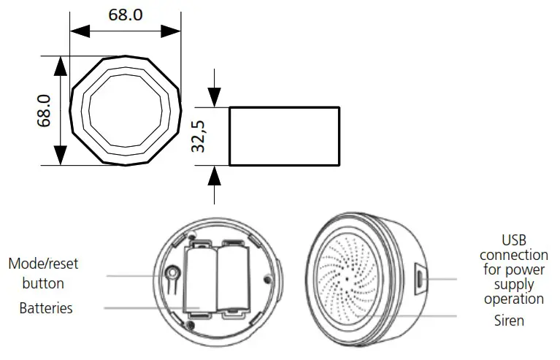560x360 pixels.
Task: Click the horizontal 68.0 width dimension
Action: tap(126, 15)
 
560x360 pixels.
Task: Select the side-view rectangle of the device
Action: tap(285, 136)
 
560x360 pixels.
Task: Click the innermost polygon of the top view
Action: tap(126, 111)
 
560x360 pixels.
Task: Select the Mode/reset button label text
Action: tap(42, 273)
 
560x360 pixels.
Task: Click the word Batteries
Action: tap(46, 308)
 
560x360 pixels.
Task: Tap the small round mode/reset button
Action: tap(172, 275)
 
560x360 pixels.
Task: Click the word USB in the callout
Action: tap(513, 240)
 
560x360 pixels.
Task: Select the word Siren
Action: tap(509, 321)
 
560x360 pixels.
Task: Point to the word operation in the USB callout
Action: tap(513, 299)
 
